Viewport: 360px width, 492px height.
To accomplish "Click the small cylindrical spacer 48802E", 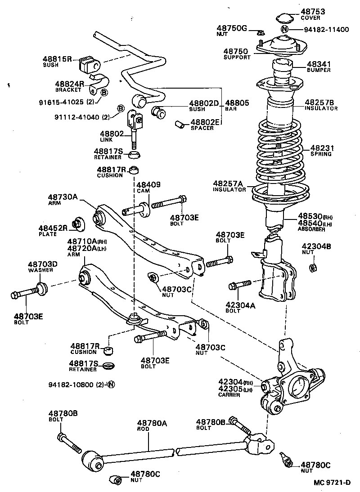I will pyautogui.click(x=180, y=123).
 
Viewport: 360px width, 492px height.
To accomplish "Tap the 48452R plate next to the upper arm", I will pyautogui.click(x=78, y=222).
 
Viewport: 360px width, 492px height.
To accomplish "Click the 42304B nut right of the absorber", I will pyautogui.click(x=312, y=268).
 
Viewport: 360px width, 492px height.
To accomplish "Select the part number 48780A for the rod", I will pyautogui.click(x=152, y=423).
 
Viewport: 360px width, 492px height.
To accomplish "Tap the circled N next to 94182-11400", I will pyautogui.click(x=284, y=30).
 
